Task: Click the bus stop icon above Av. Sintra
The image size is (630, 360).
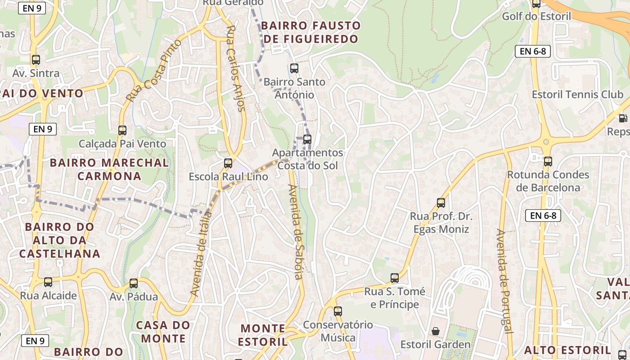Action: (x=36, y=59)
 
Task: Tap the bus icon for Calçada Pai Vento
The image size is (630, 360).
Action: (x=122, y=130)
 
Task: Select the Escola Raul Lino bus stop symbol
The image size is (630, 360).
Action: (x=228, y=163)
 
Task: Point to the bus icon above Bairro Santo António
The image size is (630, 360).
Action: (x=294, y=68)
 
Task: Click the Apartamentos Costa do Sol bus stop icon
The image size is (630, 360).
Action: (x=307, y=139)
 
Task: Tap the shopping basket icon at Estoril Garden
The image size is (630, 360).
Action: (x=436, y=331)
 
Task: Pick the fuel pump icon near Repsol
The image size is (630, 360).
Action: (x=623, y=118)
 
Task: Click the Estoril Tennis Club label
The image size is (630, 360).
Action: (x=577, y=94)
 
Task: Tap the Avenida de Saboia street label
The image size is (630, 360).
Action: (x=297, y=231)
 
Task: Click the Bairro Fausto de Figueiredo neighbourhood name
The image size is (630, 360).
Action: (x=311, y=32)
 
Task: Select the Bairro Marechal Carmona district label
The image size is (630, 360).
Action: (x=109, y=169)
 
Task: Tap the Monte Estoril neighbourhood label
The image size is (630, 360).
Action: (x=263, y=335)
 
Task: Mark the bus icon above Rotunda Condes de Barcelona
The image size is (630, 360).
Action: (x=548, y=161)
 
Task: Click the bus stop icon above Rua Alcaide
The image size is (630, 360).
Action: (x=48, y=282)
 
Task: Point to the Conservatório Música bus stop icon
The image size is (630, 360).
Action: (x=338, y=311)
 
